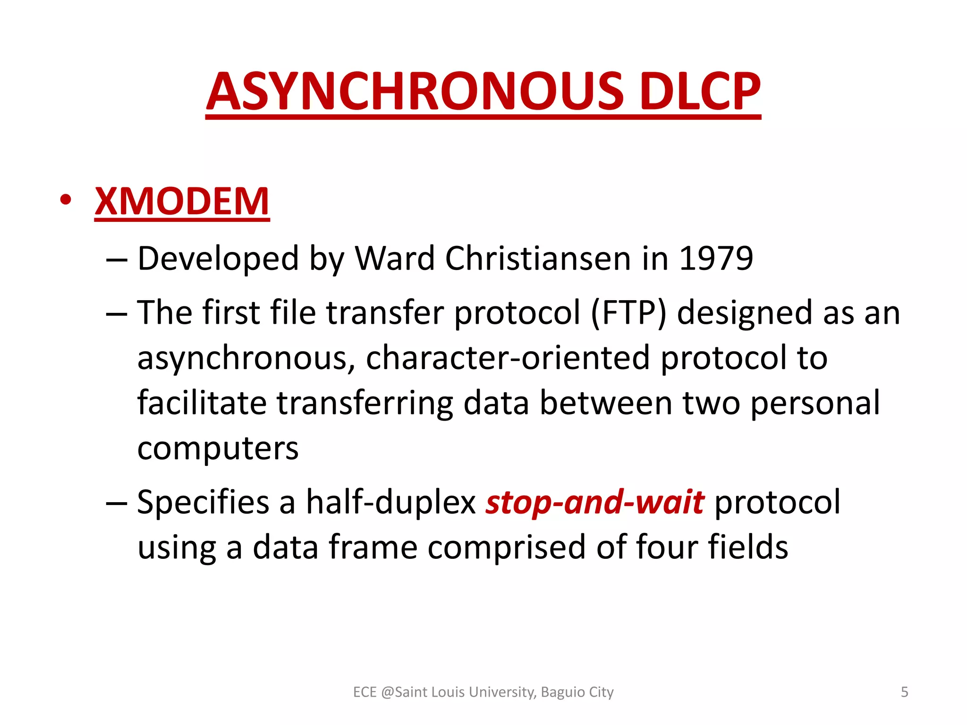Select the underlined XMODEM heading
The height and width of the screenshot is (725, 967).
click(x=182, y=202)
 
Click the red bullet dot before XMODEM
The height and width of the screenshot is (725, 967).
click(x=66, y=200)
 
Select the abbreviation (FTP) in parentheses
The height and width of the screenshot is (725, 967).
click(x=628, y=312)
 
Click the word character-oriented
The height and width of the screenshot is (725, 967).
click(x=508, y=357)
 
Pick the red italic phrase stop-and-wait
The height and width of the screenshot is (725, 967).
click(x=595, y=502)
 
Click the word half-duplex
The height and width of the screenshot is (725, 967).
click(x=391, y=502)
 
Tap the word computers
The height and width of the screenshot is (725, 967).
click(x=218, y=448)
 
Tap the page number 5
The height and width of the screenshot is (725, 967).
click(x=904, y=692)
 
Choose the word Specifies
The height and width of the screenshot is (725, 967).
click(x=203, y=502)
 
